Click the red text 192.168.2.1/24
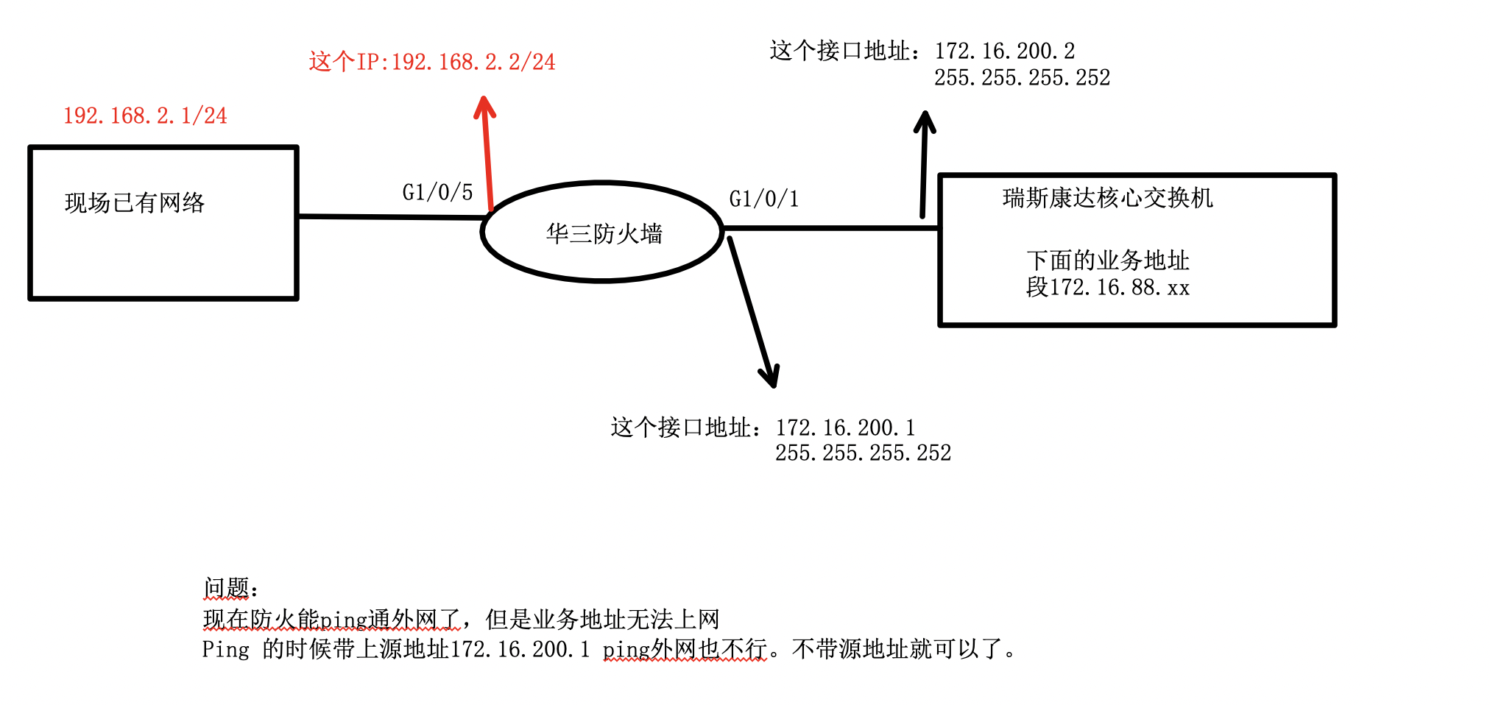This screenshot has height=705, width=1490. click(x=145, y=116)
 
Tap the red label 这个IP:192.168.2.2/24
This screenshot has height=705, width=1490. click(x=431, y=62)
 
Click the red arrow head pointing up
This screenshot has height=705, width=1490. click(x=484, y=106)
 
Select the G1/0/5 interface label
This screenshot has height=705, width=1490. click(x=437, y=193)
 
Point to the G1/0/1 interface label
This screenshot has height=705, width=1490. click(x=763, y=199)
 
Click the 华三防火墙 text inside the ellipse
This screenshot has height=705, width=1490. click(x=604, y=234)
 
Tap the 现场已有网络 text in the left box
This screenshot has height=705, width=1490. click(x=135, y=203)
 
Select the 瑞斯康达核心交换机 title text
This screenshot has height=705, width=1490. click(x=1107, y=198)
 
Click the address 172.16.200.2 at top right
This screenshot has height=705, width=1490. click(x=1004, y=51)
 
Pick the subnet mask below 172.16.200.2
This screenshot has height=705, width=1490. click(x=1022, y=77)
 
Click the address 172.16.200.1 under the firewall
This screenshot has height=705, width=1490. click(x=845, y=428)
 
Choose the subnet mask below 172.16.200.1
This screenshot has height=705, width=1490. click(x=863, y=453)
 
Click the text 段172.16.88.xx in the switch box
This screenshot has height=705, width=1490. click(x=1107, y=287)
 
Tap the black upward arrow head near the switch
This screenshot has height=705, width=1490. click(x=925, y=121)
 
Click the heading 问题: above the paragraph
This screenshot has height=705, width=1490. click(x=230, y=588)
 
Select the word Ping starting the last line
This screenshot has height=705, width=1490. click(x=225, y=650)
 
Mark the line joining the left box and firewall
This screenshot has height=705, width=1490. click(x=390, y=217)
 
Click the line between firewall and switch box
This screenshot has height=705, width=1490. click(x=832, y=228)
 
